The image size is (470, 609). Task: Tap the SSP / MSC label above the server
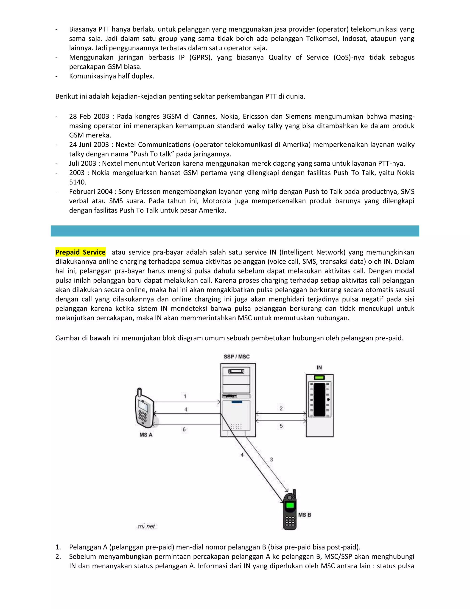[236, 357]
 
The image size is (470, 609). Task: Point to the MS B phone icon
[290, 510]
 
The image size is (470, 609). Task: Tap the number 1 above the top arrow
[185, 396]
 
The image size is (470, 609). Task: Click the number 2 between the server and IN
[281, 409]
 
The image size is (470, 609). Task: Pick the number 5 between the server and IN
[281, 426]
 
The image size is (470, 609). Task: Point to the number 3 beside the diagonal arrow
[271, 459]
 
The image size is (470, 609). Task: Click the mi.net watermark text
[146, 526]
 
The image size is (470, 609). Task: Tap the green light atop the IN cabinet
[319, 378]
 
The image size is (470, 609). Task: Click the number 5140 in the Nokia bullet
[78, 182]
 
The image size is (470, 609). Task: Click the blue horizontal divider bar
[235, 231]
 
